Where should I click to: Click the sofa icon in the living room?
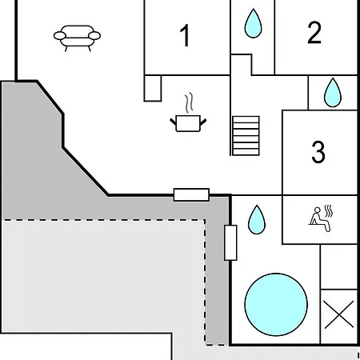pyautogui.click(x=77, y=38)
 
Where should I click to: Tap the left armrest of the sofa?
pyautogui.click(x=59, y=35)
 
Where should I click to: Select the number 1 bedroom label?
pyautogui.click(x=185, y=35)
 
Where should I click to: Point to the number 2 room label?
pyautogui.click(x=314, y=32)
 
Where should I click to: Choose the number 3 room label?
pyautogui.click(x=318, y=151)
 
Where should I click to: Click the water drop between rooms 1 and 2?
pyautogui.click(x=253, y=23)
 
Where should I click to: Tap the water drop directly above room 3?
pyautogui.click(x=333, y=93)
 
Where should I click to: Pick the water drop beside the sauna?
pyautogui.click(x=257, y=220)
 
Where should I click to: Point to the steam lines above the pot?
pyautogui.click(x=189, y=102)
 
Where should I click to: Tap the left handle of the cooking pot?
pyautogui.click(x=174, y=122)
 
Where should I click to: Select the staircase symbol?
pyautogui.click(x=246, y=135)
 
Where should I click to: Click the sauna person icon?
pyautogui.click(x=320, y=219)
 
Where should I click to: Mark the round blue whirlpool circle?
pyautogui.click(x=276, y=304)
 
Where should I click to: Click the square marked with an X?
pyautogui.click(x=338, y=317)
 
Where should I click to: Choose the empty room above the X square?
pyautogui.click(x=338, y=266)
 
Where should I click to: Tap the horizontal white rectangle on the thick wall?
pyautogui.click(x=191, y=194)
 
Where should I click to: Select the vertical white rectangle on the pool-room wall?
pyautogui.click(x=230, y=242)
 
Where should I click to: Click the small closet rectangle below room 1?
pyautogui.click(x=153, y=88)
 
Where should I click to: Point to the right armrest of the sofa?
pyautogui.click(x=94, y=35)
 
